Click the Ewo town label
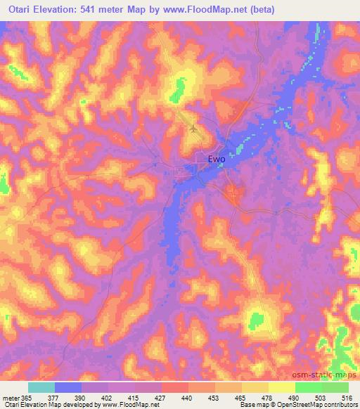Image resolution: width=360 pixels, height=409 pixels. point(217,160)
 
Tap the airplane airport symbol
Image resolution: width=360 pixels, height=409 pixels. point(194,128)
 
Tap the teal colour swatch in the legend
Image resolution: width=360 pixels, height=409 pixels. point(41,387)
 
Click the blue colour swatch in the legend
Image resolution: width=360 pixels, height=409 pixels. point(68,387)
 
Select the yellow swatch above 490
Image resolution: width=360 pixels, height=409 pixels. point(281,387)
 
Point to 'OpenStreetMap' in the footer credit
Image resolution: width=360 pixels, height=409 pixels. point(315,405)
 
